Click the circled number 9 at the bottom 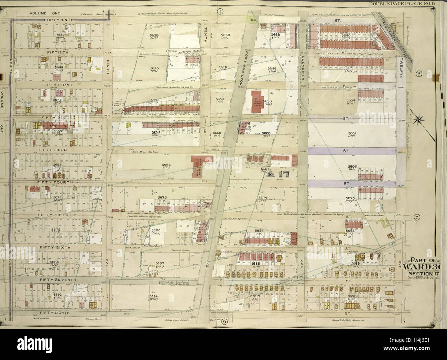(224, 322)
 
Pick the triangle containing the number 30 (270, 174)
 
